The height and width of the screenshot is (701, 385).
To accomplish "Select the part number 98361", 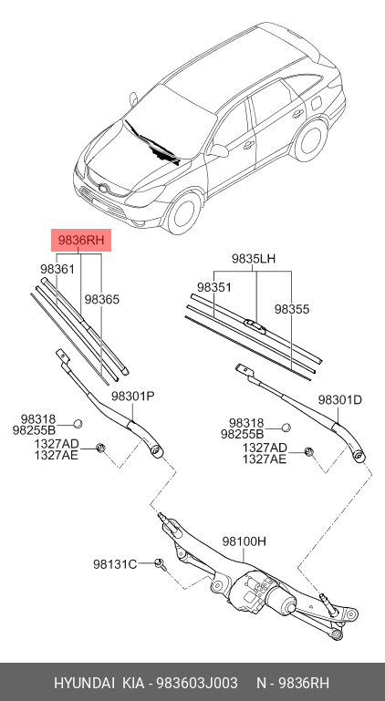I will (x=57, y=270).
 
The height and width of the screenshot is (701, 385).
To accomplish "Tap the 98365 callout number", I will (x=102, y=299).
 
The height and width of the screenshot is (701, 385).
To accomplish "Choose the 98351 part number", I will (x=215, y=286).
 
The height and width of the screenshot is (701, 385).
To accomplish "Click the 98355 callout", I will (x=292, y=309).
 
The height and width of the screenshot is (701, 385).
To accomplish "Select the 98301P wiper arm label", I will (x=133, y=397).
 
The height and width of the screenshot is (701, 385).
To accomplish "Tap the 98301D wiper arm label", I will (x=340, y=400).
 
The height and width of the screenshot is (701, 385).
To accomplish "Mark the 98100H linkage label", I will (x=245, y=541).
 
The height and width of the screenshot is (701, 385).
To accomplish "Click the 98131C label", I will (x=114, y=564).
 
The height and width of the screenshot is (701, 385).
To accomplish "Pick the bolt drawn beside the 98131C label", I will (x=160, y=563).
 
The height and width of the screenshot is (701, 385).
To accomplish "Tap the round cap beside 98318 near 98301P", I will (x=78, y=423).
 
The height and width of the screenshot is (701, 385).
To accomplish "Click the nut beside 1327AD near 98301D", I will (x=309, y=452).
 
